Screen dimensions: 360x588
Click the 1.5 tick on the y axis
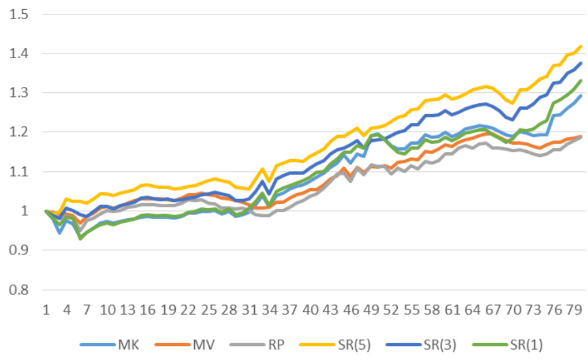pyautogui.click(x=19, y=14)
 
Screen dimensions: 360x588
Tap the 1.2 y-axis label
pyautogui.click(x=19, y=132)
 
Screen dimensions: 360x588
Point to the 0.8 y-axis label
pyautogui.click(x=19, y=290)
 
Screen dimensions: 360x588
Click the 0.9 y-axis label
pyautogui.click(x=19, y=250)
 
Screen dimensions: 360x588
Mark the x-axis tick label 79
pyautogui.click(x=574, y=310)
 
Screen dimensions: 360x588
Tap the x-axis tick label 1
pyautogui.click(x=46, y=310)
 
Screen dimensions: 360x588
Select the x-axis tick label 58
pyautogui.click(x=432, y=310)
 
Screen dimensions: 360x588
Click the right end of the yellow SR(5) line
pyautogui.click(x=581, y=46)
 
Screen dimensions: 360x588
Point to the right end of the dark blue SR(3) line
pyautogui.click(x=581, y=63)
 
